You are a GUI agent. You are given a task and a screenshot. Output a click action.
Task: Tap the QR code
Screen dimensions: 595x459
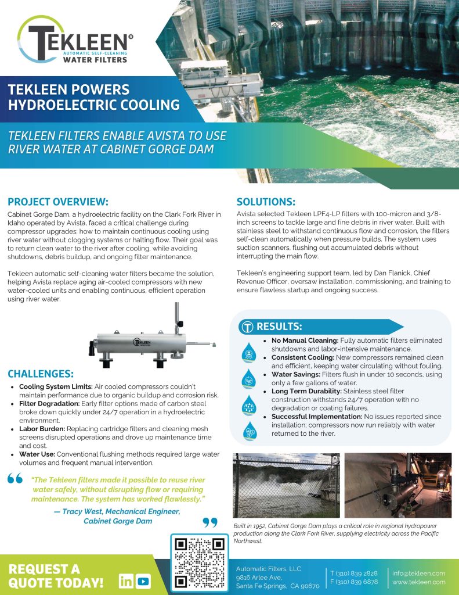(x=200, y=561)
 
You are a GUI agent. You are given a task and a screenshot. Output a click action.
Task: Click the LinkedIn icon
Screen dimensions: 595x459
(x=125, y=581)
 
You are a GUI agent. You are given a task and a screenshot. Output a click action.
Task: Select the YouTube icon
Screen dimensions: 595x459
(x=143, y=581)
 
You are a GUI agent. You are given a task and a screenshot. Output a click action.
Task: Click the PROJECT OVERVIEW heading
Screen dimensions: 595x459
(x=58, y=202)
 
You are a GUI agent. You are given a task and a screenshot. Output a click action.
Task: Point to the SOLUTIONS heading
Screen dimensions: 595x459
(x=266, y=202)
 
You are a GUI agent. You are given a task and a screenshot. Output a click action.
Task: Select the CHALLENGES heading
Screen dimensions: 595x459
(x=40, y=373)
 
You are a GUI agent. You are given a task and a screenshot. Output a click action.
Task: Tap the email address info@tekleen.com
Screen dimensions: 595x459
(x=418, y=573)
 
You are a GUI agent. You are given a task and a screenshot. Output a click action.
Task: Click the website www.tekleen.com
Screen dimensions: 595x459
(x=418, y=582)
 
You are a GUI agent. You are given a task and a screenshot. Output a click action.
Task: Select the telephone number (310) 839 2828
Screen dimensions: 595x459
(x=357, y=573)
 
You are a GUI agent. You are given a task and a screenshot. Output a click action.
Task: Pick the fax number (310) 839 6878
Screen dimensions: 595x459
(x=357, y=582)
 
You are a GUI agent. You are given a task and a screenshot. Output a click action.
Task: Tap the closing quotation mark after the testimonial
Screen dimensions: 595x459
(x=209, y=522)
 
